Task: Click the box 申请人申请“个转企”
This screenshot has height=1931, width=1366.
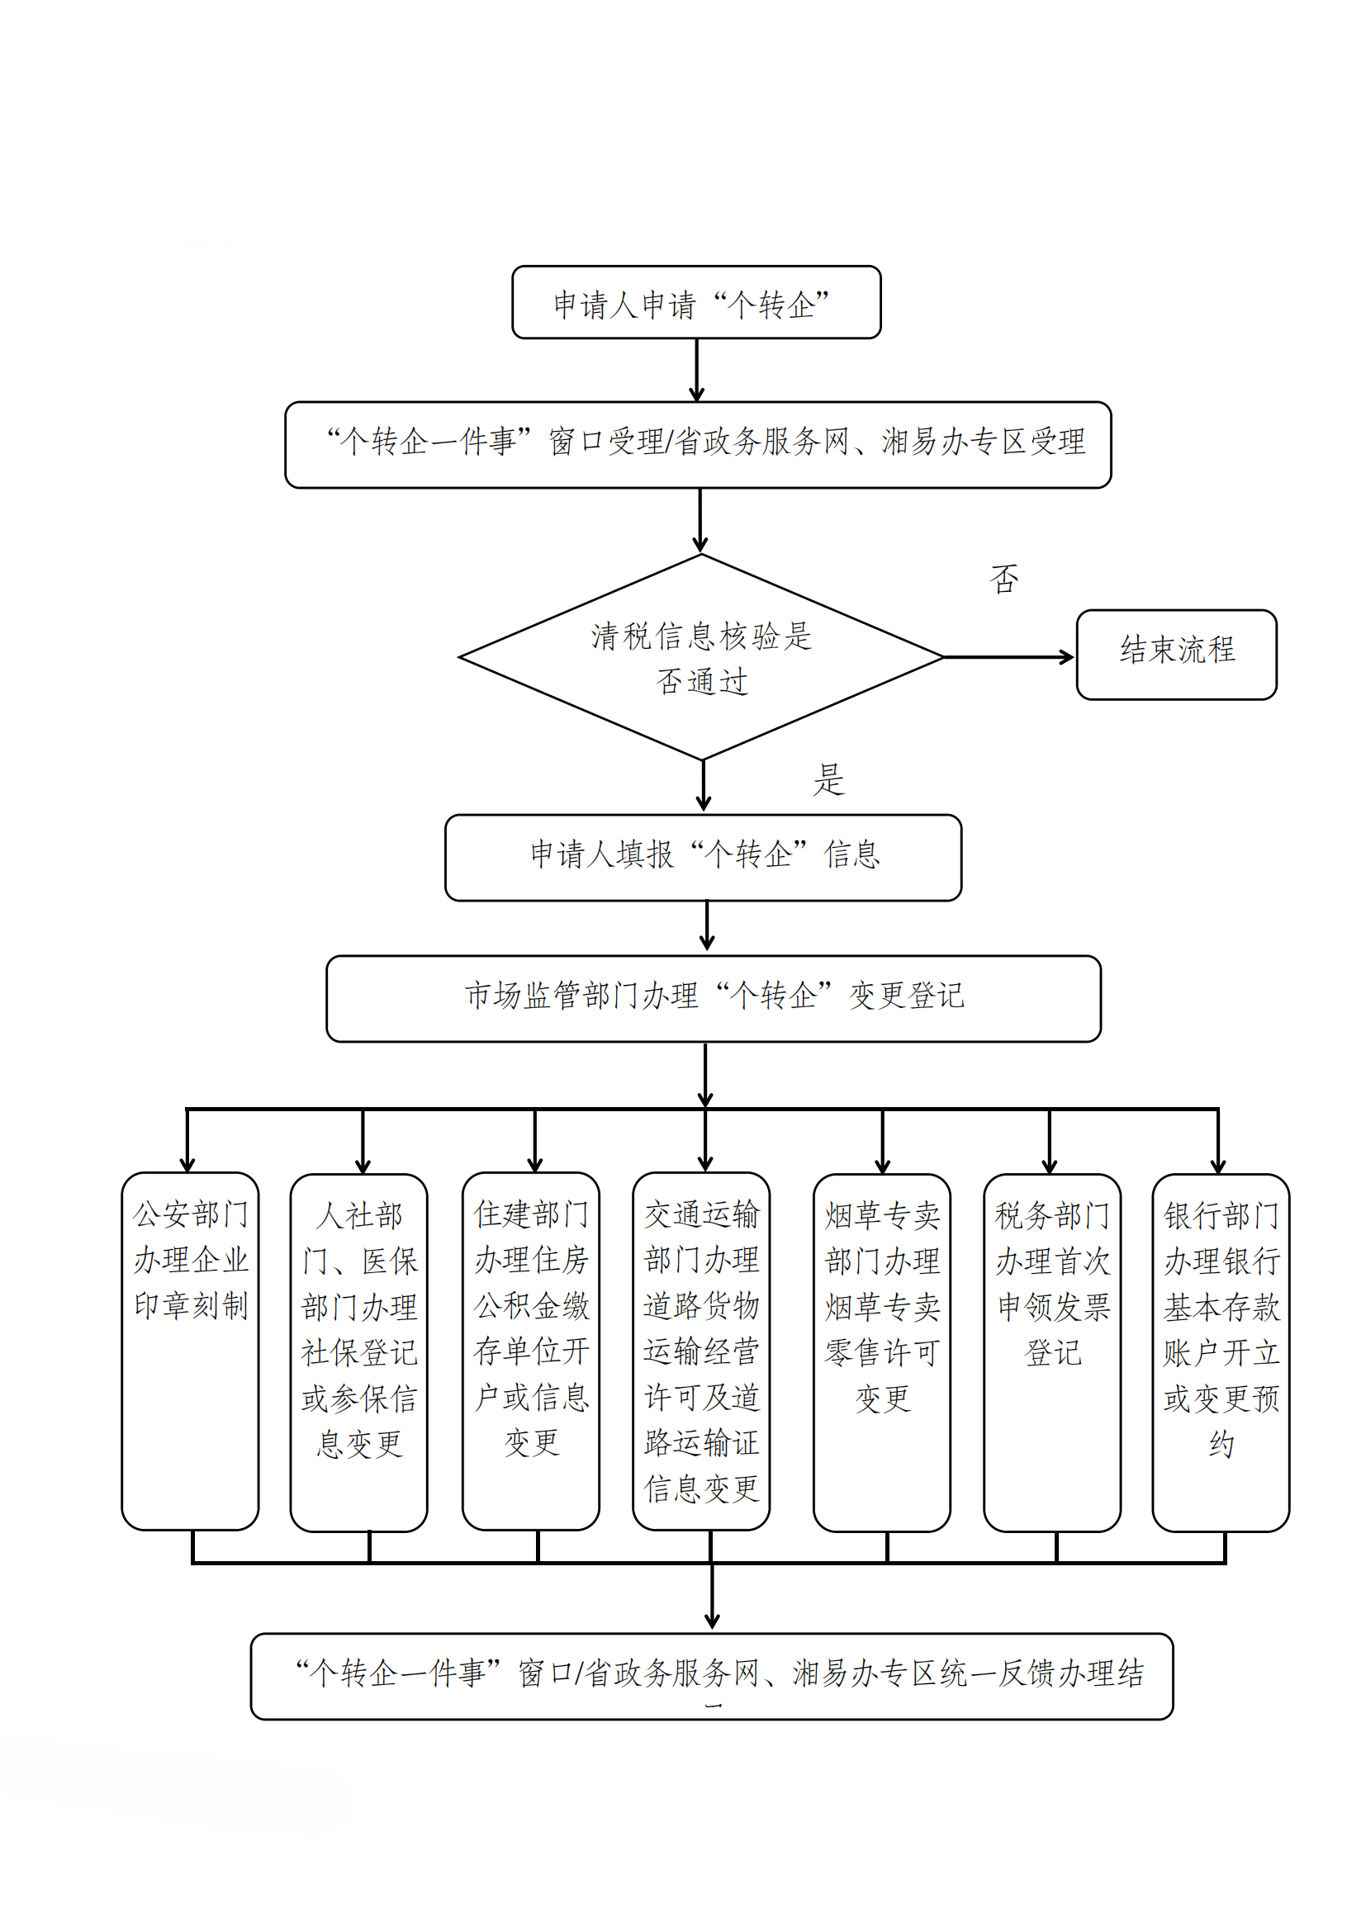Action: coord(695,303)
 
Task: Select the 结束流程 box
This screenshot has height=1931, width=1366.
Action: coord(1176,655)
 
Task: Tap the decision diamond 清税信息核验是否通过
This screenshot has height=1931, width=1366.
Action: coord(700,657)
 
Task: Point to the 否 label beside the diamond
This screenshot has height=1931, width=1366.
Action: coord(1004,579)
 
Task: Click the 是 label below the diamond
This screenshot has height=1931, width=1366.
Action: coord(828,779)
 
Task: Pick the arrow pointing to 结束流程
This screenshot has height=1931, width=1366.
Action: coord(1008,657)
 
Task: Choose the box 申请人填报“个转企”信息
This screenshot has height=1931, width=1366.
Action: coord(703,857)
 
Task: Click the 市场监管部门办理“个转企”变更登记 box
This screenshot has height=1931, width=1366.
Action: coord(714,998)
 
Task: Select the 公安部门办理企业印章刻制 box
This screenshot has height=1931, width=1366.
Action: coord(190,1350)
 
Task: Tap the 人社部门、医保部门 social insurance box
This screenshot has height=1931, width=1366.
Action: coord(359,1351)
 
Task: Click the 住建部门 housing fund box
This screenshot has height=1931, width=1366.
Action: coord(531,1350)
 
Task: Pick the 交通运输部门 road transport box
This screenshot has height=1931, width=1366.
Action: coord(701,1350)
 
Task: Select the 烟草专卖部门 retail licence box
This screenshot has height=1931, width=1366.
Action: coord(881,1351)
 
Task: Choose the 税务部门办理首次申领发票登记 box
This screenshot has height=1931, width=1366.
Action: coord(1051,1351)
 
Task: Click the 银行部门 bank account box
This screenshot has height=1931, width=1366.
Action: coord(1221,1351)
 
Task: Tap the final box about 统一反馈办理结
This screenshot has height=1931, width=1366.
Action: coord(712,1675)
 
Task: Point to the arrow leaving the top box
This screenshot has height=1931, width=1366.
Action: coord(696,370)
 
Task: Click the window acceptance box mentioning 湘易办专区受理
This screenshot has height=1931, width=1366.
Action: coord(698,444)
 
